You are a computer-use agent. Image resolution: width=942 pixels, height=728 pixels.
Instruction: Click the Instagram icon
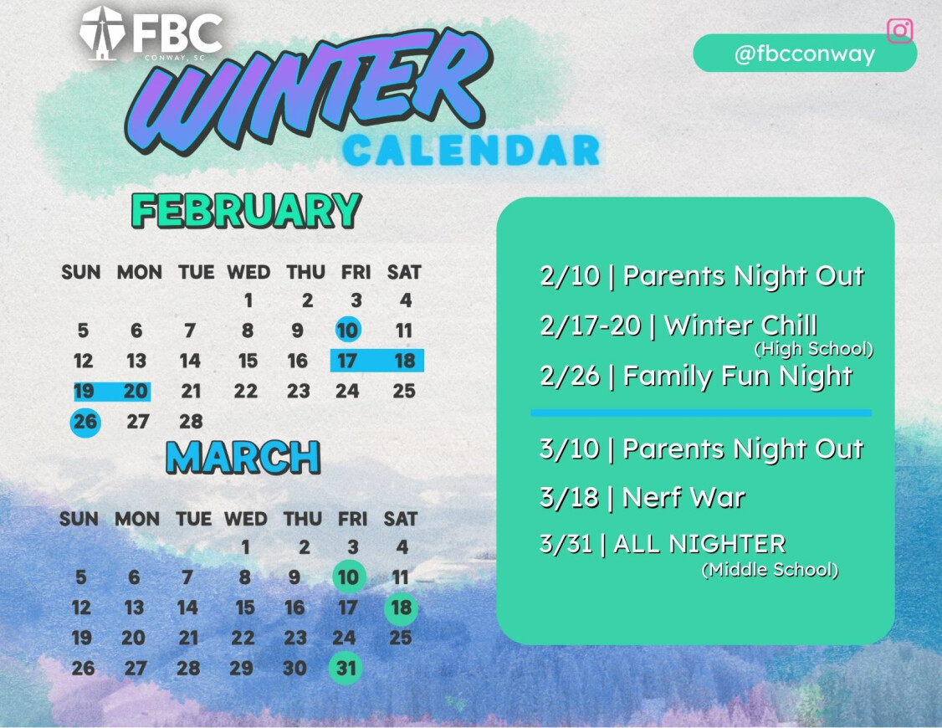pos(899,31)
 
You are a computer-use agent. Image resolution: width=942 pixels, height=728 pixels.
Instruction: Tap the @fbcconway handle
pos(805,54)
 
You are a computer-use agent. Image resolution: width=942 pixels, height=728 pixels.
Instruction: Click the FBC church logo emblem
pos(101,33)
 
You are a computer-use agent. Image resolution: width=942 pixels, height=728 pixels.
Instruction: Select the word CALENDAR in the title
pos(471,150)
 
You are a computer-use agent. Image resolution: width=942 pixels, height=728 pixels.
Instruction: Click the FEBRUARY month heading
pos(246,210)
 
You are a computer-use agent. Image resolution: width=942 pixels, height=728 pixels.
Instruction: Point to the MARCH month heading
pos(243,458)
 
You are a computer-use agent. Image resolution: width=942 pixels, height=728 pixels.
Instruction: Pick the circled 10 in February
pos(348,330)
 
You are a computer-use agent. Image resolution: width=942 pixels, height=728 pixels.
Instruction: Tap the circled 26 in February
pos(85,422)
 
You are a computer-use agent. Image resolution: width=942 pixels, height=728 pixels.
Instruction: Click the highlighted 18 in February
pos(405,361)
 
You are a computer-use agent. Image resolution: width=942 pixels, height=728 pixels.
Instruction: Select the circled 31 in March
pos(346,668)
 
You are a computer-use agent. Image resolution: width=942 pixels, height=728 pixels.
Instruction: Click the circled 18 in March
pos(401,608)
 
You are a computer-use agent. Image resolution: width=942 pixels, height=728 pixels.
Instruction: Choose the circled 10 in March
pos(349,577)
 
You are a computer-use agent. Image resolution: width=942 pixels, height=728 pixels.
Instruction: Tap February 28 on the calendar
pos(191,422)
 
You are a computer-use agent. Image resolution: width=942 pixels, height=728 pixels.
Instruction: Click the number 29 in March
pos(241,668)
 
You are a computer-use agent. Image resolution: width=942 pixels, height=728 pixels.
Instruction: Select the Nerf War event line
pos(643,497)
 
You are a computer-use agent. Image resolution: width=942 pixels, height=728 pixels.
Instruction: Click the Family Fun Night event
pos(696,376)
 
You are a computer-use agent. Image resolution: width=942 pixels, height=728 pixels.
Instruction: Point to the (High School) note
pos(813,348)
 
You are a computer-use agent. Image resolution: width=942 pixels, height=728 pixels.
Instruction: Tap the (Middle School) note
pos(770,569)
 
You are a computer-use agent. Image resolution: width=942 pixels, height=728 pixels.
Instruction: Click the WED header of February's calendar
pos(248,272)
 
